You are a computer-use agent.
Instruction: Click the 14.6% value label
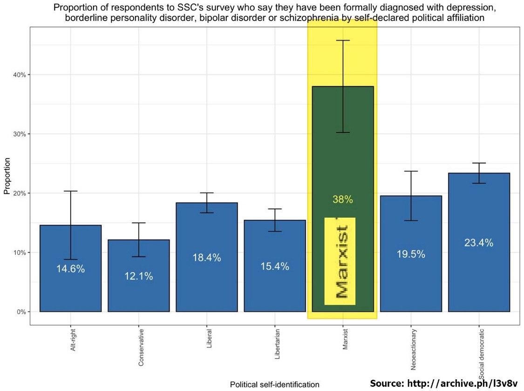[x=70, y=269]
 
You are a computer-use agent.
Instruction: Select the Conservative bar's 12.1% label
[x=138, y=276]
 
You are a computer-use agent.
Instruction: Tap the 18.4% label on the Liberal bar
[x=207, y=258]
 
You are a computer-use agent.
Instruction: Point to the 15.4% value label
[x=275, y=267]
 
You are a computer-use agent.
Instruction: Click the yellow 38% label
[x=342, y=199]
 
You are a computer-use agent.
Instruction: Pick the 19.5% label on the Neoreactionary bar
[x=411, y=254]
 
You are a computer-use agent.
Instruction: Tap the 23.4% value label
[x=479, y=243]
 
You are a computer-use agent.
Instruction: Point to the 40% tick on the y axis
[x=20, y=75]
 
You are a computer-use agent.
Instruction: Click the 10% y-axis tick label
[x=20, y=253]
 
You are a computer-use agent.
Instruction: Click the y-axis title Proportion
[x=7, y=176]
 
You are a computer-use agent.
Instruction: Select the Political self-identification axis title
[x=275, y=384]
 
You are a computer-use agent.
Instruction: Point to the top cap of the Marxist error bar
[x=343, y=41]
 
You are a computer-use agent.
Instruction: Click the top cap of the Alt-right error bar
[x=71, y=191]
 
